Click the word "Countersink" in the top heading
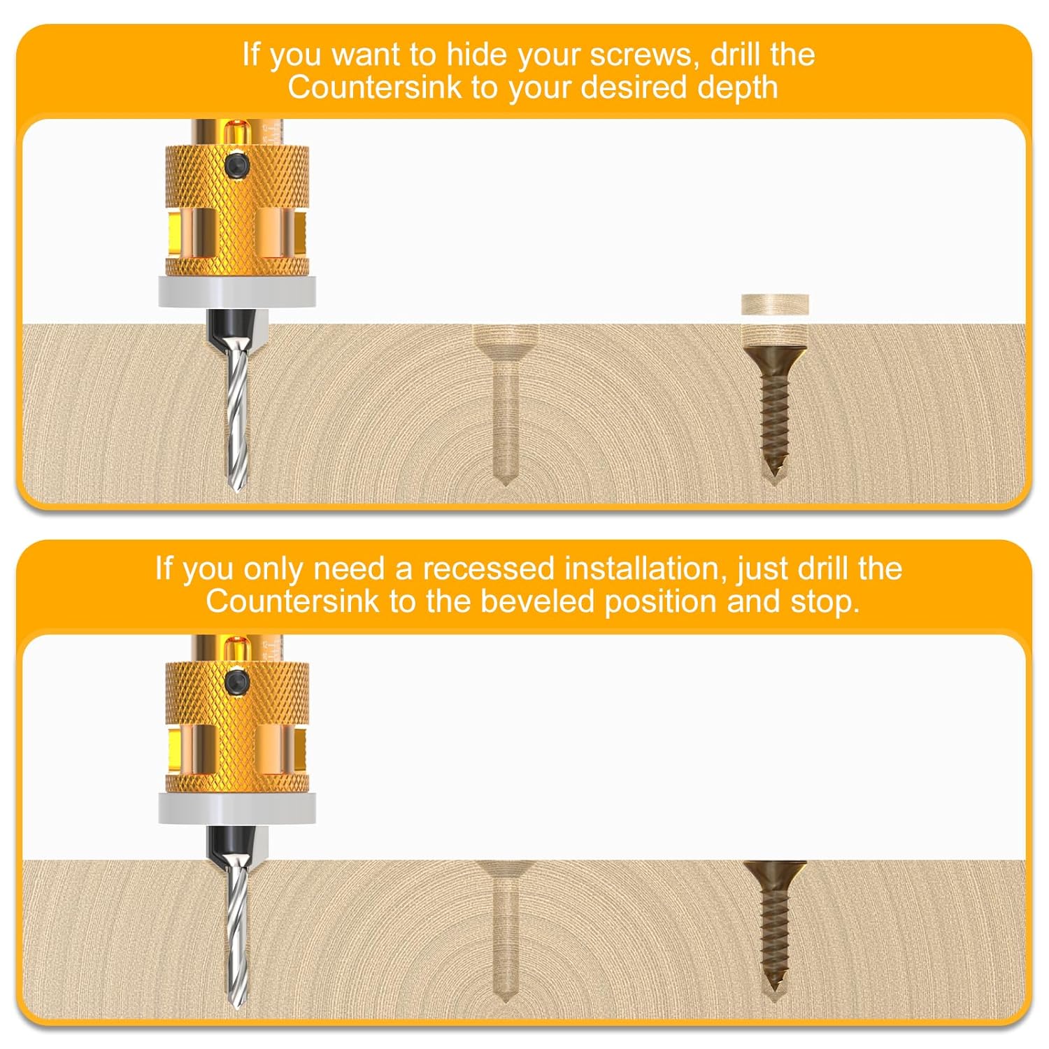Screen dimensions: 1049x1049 click(375, 87)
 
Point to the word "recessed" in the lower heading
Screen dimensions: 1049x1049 click(488, 569)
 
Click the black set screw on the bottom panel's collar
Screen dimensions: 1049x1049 click(237, 680)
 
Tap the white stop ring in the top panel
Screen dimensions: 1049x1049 click(236, 292)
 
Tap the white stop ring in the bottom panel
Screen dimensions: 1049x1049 click(236, 808)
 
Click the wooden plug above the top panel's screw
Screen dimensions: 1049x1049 click(775, 304)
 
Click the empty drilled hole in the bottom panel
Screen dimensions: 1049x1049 click(505, 923)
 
